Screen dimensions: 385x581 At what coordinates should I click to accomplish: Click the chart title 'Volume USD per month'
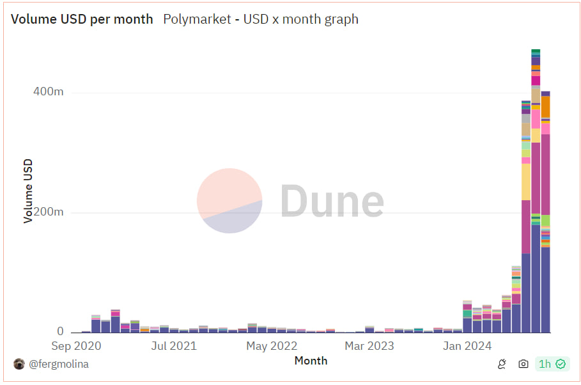(x=82, y=19)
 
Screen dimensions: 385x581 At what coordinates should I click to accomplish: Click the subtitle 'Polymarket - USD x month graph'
(x=261, y=19)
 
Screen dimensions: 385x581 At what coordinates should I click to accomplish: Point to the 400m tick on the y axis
(x=49, y=92)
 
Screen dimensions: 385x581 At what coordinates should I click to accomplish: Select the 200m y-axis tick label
(x=49, y=212)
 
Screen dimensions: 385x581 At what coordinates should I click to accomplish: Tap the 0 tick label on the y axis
(x=60, y=331)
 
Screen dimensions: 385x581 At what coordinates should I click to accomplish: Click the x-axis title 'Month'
(x=311, y=361)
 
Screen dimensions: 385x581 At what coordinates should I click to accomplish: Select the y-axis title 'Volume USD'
(x=28, y=191)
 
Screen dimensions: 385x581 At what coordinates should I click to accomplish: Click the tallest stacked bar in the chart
(x=536, y=192)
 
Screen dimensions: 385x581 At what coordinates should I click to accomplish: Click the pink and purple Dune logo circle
(x=229, y=201)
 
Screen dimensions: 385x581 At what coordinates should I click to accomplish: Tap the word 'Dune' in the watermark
(x=332, y=201)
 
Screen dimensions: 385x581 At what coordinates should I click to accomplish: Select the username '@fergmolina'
(x=58, y=364)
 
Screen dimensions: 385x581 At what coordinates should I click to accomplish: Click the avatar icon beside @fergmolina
(x=19, y=364)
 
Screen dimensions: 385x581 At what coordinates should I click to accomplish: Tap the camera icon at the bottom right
(x=523, y=364)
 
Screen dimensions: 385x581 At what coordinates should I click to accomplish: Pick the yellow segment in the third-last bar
(x=526, y=182)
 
